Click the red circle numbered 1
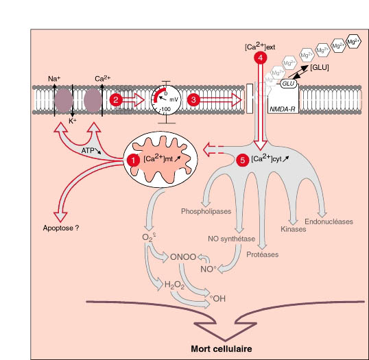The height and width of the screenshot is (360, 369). click(x=133, y=160)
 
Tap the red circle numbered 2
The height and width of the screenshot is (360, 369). click(x=116, y=100)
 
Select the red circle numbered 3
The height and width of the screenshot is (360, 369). click(x=193, y=100)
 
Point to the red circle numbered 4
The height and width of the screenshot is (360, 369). click(x=260, y=58)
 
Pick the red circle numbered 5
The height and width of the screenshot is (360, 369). click(x=242, y=160)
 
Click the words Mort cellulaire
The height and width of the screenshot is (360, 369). click(x=222, y=349)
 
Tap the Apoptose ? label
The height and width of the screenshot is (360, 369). click(x=61, y=228)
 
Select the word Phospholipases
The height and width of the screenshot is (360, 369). click(x=206, y=211)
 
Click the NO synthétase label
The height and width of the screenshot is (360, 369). click(x=232, y=239)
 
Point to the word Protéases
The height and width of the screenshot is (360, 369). click(x=263, y=254)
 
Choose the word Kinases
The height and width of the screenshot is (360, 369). click(x=294, y=229)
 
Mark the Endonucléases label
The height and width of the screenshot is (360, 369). click(x=329, y=221)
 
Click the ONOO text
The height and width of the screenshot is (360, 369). click(x=183, y=257)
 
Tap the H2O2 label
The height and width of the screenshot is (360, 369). click(x=174, y=285)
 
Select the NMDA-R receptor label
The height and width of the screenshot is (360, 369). click(x=282, y=109)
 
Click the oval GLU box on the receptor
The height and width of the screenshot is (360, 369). click(x=289, y=84)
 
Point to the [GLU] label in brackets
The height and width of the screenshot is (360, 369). click(x=320, y=67)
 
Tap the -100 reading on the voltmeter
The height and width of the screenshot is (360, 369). click(x=165, y=109)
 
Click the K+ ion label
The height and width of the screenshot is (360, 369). click(x=73, y=121)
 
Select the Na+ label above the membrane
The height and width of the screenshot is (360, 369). click(x=54, y=78)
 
